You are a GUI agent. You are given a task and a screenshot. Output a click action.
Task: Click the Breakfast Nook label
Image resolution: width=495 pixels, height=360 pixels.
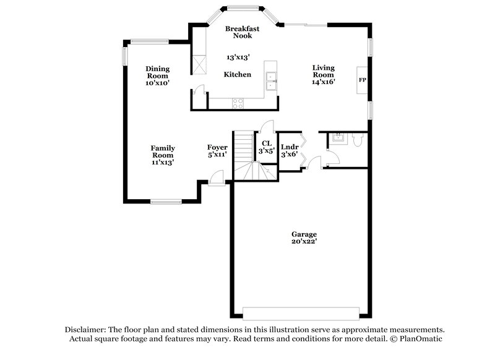(242, 32)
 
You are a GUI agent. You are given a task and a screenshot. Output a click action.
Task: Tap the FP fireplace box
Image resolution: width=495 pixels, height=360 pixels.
(362, 80)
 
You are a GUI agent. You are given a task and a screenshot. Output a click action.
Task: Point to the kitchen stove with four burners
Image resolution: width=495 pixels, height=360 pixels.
(238, 103)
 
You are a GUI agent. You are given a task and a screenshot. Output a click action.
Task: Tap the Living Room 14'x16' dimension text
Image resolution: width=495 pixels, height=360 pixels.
(323, 82)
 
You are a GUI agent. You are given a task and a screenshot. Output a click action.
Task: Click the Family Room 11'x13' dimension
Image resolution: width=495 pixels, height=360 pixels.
(163, 162)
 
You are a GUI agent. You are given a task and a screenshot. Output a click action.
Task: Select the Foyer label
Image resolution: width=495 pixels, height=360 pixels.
(217, 147)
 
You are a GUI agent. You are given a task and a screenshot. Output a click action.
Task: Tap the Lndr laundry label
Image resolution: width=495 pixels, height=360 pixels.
(290, 147)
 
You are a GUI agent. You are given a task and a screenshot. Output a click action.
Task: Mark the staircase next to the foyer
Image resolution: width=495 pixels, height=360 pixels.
(246, 155)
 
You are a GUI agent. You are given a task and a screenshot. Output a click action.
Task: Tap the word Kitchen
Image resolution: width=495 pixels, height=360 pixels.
(237, 75)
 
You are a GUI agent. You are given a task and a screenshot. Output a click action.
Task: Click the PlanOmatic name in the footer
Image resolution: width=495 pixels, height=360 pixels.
(421, 339)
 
